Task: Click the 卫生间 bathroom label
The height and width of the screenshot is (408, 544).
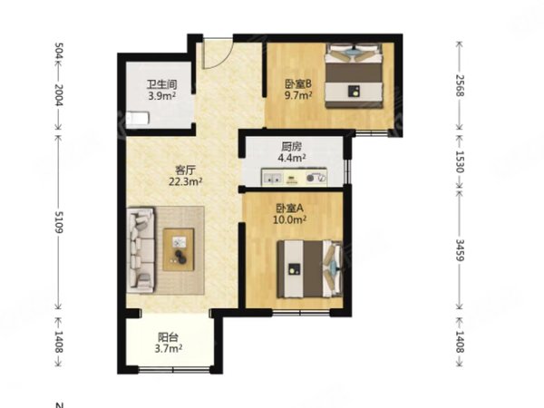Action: [x=162, y=85]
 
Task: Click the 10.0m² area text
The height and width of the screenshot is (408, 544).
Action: [x=291, y=219]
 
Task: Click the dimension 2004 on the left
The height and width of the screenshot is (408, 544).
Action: [x=58, y=97]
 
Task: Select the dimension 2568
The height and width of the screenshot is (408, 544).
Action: [x=461, y=85]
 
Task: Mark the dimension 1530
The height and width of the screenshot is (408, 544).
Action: [x=461, y=160]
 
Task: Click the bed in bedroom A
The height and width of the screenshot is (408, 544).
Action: [x=305, y=267]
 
